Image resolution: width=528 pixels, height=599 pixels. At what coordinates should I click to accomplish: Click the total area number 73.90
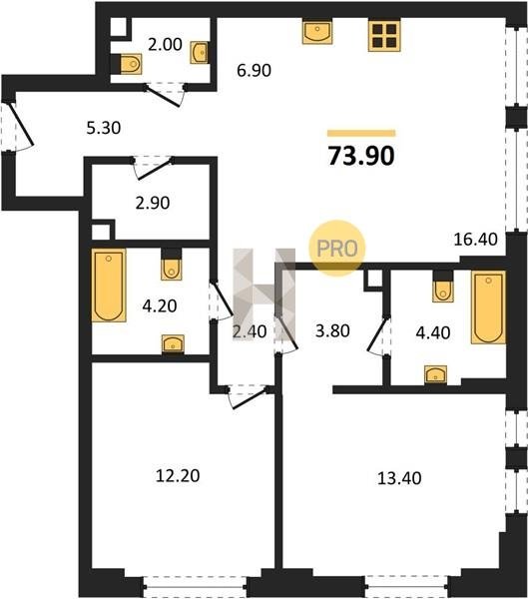click(361, 156)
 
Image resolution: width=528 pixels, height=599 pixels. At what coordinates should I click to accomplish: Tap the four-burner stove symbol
click(384, 36)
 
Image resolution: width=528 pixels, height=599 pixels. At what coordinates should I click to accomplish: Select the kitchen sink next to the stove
click(317, 33)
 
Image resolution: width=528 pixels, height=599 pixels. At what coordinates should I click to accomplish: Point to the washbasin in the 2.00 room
click(200, 52)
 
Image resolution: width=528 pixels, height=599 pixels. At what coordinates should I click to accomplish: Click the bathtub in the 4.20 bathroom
click(109, 286)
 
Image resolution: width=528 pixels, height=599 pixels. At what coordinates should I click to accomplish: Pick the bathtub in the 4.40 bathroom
click(489, 307)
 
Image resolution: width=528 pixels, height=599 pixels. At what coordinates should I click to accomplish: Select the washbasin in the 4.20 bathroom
click(173, 343)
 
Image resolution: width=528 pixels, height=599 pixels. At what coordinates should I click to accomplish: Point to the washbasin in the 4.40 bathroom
click(436, 374)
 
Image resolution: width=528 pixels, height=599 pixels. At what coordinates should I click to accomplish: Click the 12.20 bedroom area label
click(178, 476)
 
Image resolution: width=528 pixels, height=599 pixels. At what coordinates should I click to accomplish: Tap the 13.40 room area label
click(399, 478)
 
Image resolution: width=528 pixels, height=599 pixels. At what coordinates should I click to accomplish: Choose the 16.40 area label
click(476, 240)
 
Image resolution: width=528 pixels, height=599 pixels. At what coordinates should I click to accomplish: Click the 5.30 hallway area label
click(104, 128)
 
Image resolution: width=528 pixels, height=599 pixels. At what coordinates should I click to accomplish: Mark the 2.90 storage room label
click(153, 203)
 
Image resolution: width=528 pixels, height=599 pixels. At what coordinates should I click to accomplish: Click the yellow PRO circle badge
click(337, 249)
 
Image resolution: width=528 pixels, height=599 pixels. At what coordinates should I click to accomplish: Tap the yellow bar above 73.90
click(361, 133)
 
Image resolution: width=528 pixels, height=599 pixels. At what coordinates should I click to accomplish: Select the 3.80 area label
click(332, 330)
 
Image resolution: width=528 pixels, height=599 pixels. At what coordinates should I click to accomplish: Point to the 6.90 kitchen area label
click(254, 70)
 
